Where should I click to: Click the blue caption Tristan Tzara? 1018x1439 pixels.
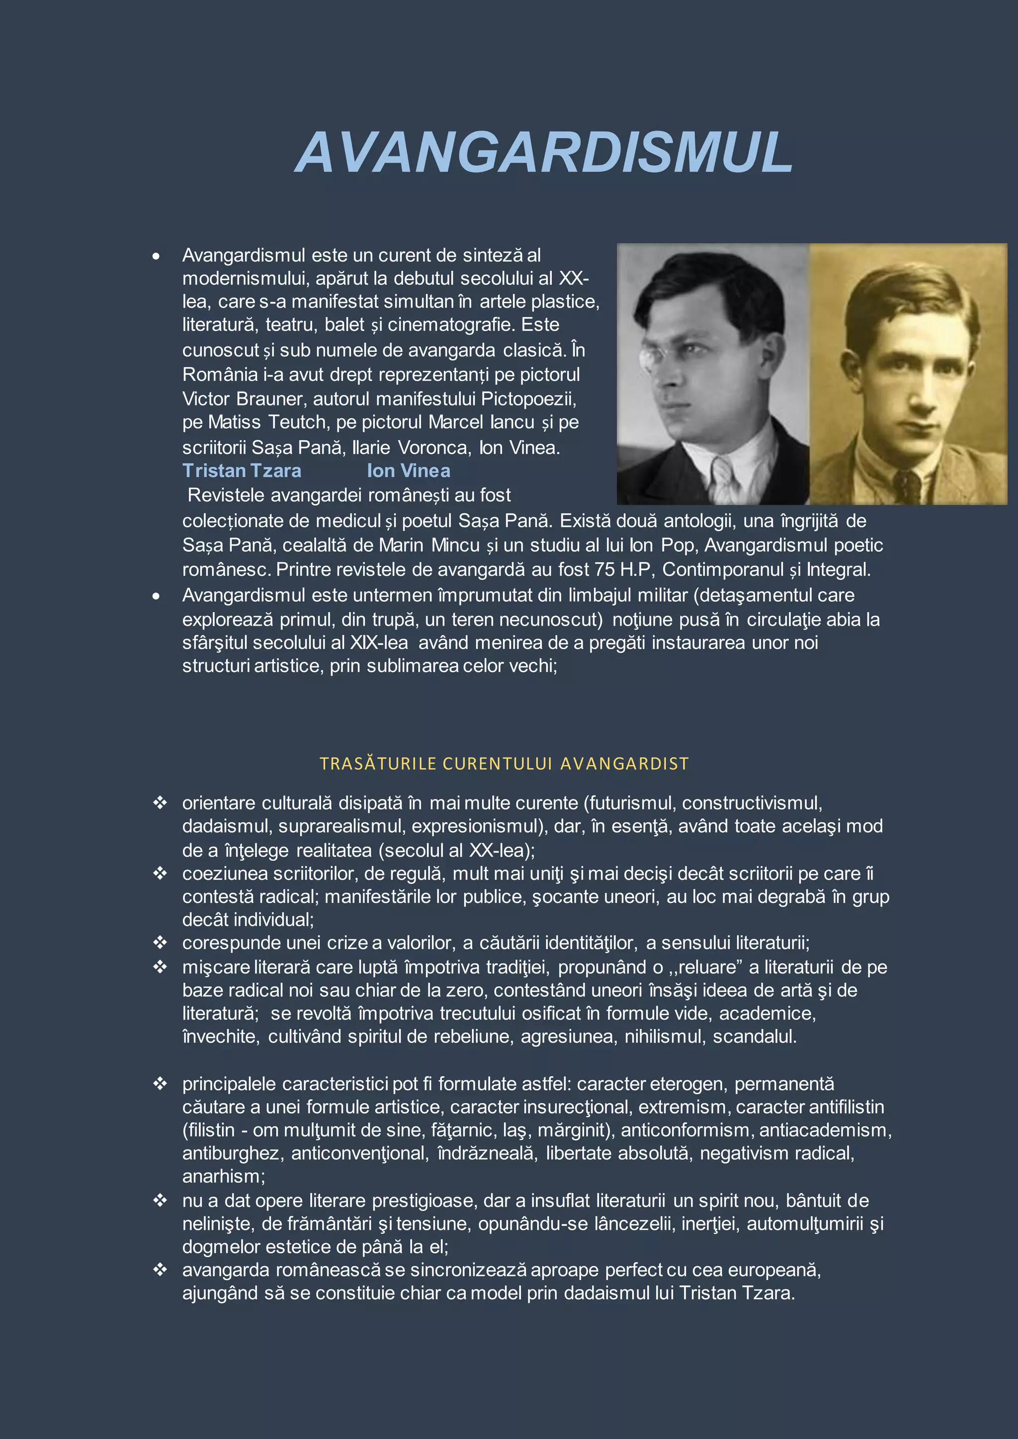click(242, 471)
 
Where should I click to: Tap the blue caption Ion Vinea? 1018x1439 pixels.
click(408, 471)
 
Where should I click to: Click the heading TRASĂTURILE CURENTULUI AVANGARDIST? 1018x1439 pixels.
click(504, 763)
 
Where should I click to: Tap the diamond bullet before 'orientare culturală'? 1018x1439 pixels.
click(160, 802)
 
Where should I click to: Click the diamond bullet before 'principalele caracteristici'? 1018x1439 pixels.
click(160, 1083)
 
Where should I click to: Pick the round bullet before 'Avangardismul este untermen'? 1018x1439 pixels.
click(156, 596)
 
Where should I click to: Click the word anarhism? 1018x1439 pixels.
click(222, 1177)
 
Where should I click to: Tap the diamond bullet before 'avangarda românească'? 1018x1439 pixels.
click(160, 1269)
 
